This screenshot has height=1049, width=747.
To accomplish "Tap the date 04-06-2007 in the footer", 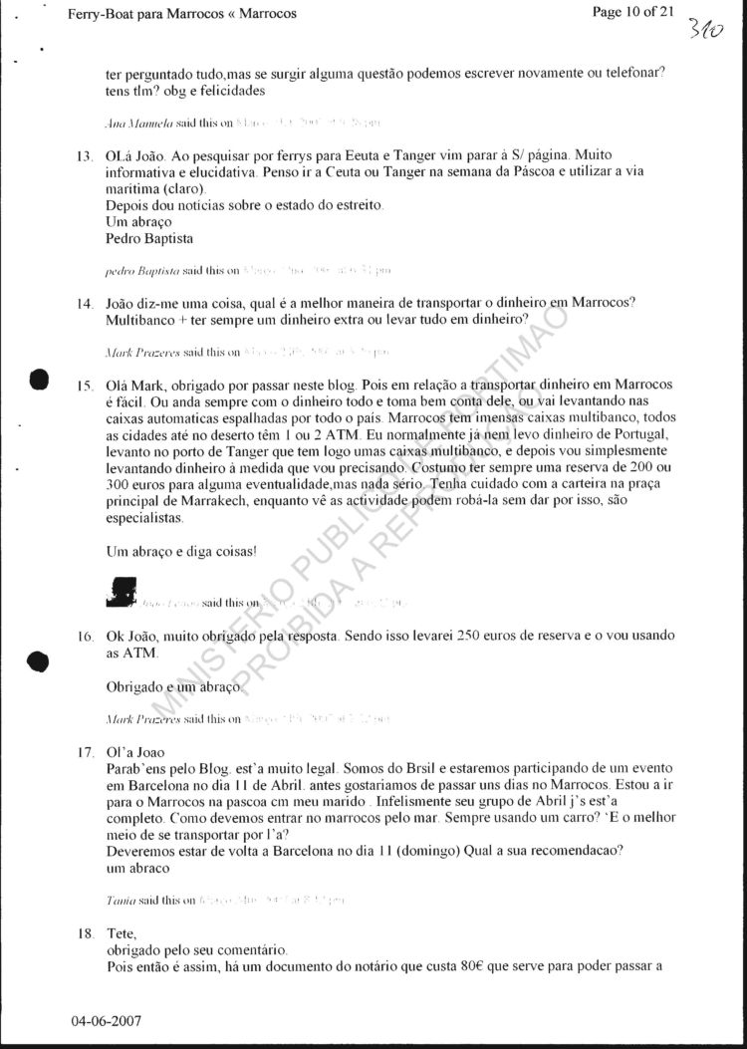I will coord(107,1022).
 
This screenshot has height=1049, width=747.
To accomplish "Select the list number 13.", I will coord(85,157).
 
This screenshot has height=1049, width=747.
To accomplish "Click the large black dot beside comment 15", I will coord(40,381).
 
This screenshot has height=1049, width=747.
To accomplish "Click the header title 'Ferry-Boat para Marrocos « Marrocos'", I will coord(183,14).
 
